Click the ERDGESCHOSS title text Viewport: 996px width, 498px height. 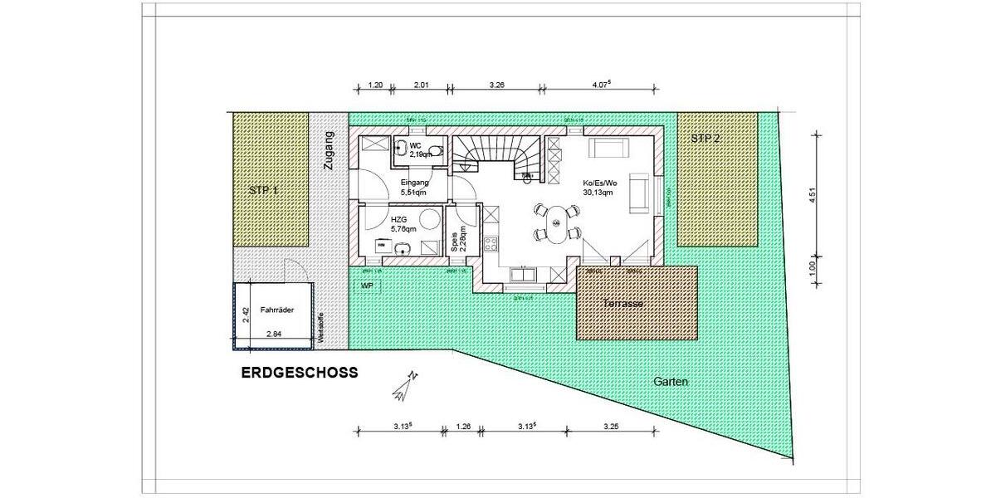coord(300,373)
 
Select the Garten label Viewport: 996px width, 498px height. coord(671,383)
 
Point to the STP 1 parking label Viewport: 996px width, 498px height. coord(263,190)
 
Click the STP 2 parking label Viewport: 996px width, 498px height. coord(705,139)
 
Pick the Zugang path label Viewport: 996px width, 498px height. coord(329,150)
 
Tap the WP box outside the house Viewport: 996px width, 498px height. coord(367,285)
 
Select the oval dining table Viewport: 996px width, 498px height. coord(554,222)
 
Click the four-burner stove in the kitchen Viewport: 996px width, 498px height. coord(491,244)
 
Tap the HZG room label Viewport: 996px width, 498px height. coord(399,221)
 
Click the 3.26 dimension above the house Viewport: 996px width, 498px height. coord(498,84)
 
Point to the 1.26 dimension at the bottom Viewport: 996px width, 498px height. coord(465,428)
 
